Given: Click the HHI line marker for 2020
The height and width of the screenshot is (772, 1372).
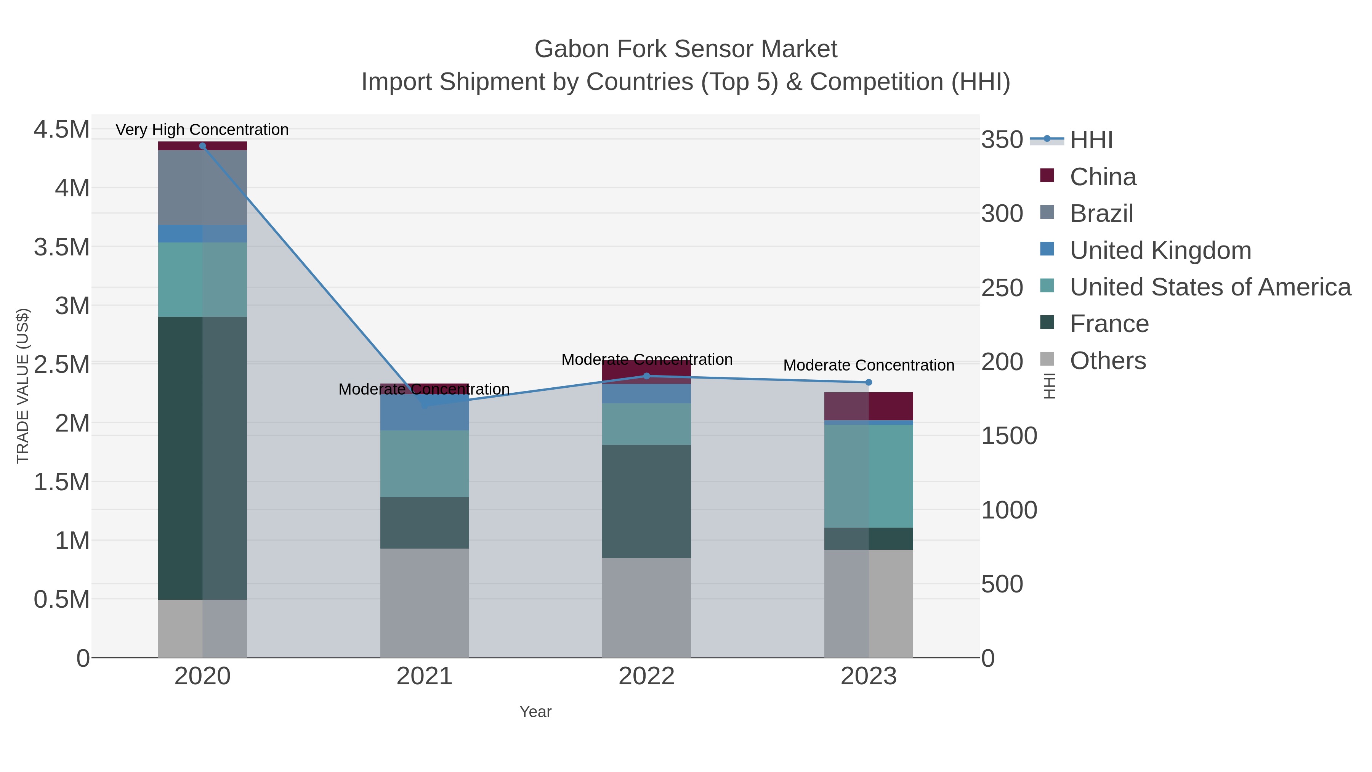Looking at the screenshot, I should [202, 146].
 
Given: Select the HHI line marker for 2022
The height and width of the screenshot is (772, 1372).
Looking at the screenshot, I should [647, 376].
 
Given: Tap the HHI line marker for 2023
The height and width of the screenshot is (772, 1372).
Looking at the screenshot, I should [869, 382].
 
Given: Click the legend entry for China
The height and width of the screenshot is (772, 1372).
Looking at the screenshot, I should [1103, 177].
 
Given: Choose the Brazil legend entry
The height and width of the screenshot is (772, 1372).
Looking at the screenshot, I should [1101, 213].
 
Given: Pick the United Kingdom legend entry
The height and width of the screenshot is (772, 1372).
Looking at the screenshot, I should [1160, 250].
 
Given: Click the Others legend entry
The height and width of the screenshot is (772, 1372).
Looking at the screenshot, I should [1107, 361].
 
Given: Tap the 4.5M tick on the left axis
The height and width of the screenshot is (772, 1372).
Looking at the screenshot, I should [61, 130].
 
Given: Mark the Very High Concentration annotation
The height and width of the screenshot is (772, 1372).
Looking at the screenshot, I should [202, 130].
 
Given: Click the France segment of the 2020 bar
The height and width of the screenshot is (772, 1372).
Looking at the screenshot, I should [202, 458].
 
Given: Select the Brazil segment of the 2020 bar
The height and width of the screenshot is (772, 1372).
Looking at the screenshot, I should [202, 188].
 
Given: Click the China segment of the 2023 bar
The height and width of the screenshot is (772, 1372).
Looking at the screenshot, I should [869, 406].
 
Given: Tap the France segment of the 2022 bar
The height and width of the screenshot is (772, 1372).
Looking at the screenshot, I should [647, 501].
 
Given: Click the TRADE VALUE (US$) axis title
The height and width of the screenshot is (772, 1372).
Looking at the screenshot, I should [22, 386].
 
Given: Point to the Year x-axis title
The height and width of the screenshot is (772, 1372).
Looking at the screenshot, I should [535, 712].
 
